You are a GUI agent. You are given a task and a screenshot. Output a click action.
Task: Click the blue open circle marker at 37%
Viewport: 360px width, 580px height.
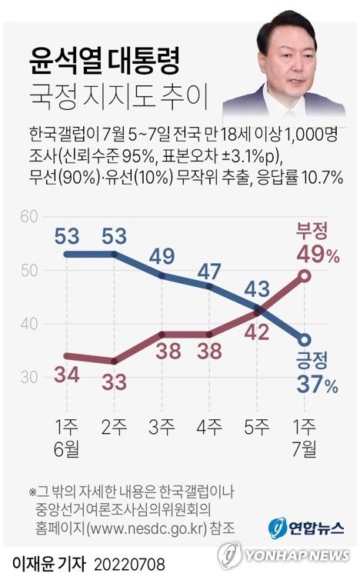[305, 340]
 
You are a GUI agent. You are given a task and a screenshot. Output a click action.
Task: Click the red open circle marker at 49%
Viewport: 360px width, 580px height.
[305, 275]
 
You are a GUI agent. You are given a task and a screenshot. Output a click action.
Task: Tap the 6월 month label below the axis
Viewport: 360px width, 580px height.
[68, 446]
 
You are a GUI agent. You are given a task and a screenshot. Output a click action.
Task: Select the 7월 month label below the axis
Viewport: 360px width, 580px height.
[305, 446]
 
